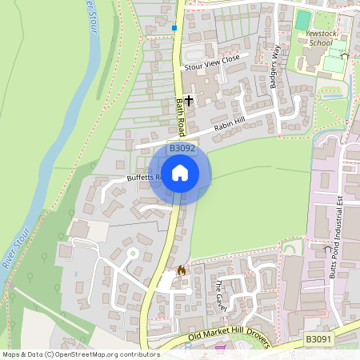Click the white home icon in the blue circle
pos(180,173)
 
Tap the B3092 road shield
pos(182,149)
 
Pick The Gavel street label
pos(219,297)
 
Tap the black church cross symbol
pos(189,101)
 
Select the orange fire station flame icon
pos(181,270)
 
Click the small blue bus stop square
pos(174,28)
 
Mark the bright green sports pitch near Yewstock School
pos(303,18)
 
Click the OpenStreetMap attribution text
pos(80,354)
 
